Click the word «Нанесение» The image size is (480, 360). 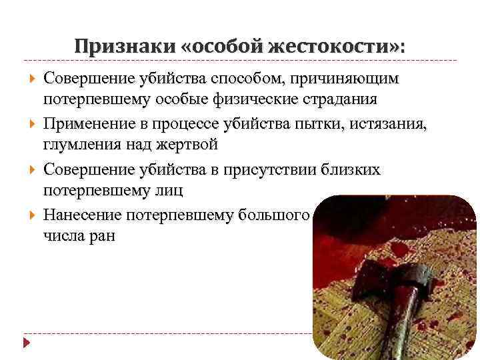84,214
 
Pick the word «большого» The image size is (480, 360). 273,214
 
